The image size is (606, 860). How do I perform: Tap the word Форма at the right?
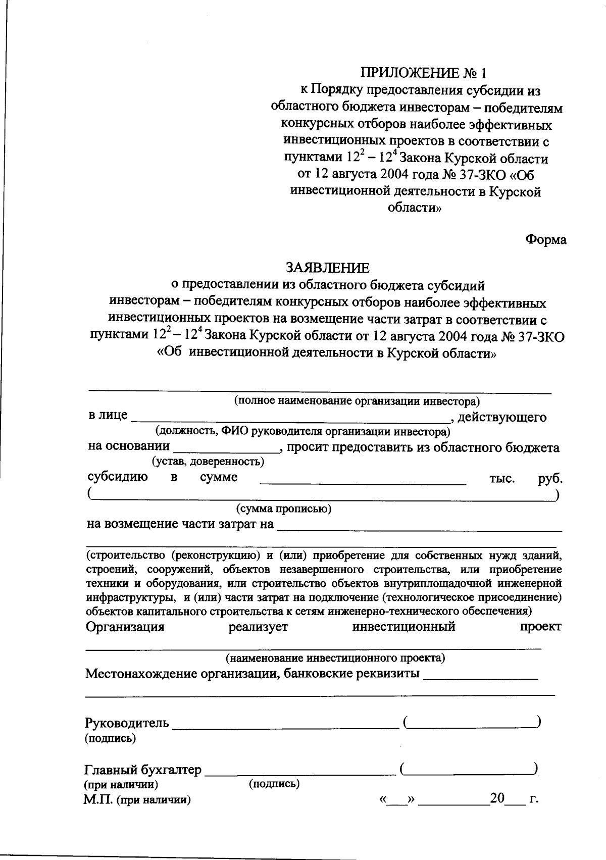tap(546, 239)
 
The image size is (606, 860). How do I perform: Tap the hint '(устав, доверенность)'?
tap(208, 461)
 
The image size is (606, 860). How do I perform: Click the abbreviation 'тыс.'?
tap(502, 478)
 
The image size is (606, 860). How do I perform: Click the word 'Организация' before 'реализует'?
tap(125, 627)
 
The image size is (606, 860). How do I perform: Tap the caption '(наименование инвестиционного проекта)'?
tap(335, 658)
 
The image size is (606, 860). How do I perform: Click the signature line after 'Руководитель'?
tap(285, 725)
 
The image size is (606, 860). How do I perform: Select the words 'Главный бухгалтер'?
tap(142, 770)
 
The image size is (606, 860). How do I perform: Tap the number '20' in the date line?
tap(497, 798)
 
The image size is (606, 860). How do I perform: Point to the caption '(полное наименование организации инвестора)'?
tap(356, 401)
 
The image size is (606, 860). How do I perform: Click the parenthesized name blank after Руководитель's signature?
tap(473, 724)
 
